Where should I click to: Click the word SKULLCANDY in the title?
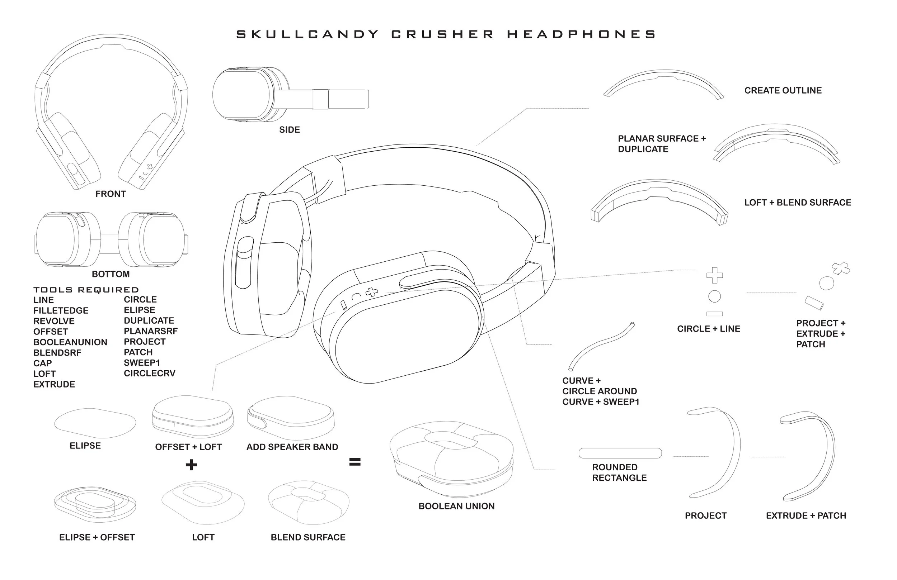(307, 34)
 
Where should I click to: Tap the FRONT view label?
(111, 194)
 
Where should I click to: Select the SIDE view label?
(290, 130)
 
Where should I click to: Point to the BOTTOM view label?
(111, 274)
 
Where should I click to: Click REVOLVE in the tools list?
(54, 321)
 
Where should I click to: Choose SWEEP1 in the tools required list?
(142, 363)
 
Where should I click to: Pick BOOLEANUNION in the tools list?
(70, 342)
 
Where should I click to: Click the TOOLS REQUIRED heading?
(86, 290)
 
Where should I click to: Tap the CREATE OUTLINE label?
(783, 90)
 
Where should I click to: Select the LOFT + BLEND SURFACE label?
(798, 203)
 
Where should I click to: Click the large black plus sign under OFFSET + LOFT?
(191, 465)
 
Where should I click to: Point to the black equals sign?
(354, 462)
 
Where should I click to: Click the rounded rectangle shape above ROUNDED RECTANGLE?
(620, 453)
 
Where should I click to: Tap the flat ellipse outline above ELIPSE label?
(95, 423)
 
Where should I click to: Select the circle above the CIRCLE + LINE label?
(714, 296)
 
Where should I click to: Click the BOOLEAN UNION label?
(456, 506)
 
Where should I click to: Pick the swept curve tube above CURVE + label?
(600, 345)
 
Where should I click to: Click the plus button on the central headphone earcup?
(372, 292)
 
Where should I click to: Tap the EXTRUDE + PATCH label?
(806, 515)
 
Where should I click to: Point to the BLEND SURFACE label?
(308, 537)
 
